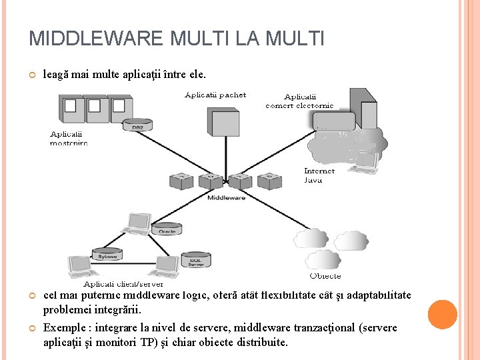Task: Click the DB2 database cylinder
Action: pyautogui.click(x=137, y=125)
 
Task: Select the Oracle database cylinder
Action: pyautogui.click(x=167, y=229)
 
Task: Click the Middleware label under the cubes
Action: pyautogui.click(x=226, y=197)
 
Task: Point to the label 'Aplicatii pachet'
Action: pyautogui.click(x=215, y=95)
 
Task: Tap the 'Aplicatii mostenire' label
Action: pyautogui.click(x=69, y=138)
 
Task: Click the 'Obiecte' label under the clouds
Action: pyautogui.click(x=325, y=275)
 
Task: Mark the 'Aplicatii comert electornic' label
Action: pyautogui.click(x=299, y=101)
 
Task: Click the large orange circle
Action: pyautogui.click(x=441, y=315)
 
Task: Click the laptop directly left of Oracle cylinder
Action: pyautogui.click(x=138, y=223)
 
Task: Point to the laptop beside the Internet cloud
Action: pyautogui.click(x=365, y=161)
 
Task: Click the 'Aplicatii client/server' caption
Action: pyautogui.click(x=123, y=283)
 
